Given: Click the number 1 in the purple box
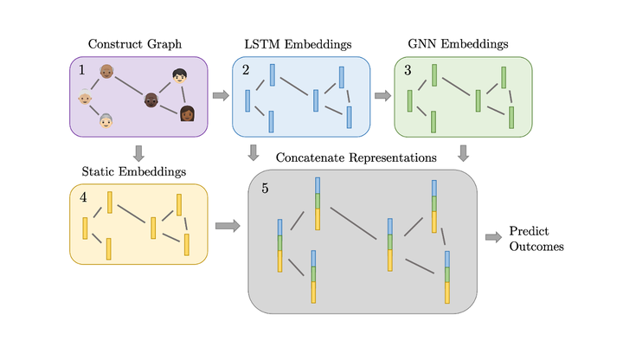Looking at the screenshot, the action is [x=82, y=70].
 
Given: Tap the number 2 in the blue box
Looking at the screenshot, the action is [x=246, y=70].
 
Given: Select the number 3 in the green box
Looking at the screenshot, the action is [x=408, y=70].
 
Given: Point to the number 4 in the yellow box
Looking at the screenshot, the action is [x=83, y=197].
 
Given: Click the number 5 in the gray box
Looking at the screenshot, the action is [x=265, y=189].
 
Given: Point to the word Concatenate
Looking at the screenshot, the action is [x=311, y=157].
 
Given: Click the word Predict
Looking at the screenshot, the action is [x=529, y=231].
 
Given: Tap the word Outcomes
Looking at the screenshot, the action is [x=536, y=247].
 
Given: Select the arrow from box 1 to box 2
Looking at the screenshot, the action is [x=221, y=95].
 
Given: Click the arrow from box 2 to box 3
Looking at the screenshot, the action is [x=382, y=95].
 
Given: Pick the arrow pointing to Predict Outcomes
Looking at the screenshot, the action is [x=493, y=237].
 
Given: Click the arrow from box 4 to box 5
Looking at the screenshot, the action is [x=228, y=226].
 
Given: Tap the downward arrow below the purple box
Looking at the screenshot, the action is [x=138, y=153].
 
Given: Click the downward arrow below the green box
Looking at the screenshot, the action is [x=463, y=153].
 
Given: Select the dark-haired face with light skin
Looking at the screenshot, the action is [x=180, y=75].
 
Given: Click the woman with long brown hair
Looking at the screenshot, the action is [x=187, y=113].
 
